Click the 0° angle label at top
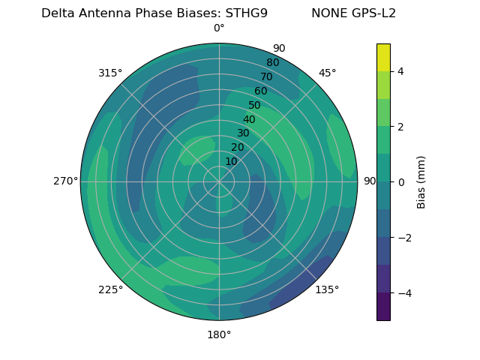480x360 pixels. pyautogui.click(x=219, y=28)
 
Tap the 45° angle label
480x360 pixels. pyautogui.click(x=327, y=73)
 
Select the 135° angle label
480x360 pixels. pyautogui.click(x=327, y=289)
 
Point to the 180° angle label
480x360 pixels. pyautogui.click(x=219, y=334)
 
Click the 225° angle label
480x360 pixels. pyautogui.click(x=110, y=289)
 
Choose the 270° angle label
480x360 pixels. pyautogui.click(x=65, y=181)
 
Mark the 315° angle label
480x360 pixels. pyautogui.click(x=110, y=73)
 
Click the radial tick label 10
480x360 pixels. pyautogui.click(x=231, y=161)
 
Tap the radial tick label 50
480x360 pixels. pyautogui.click(x=254, y=105)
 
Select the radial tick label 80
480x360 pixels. pyautogui.click(x=272, y=62)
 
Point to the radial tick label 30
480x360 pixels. pyautogui.click(x=243, y=133)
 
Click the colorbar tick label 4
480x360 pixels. pyautogui.click(x=400, y=71)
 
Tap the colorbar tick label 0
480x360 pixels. pyautogui.click(x=400, y=182)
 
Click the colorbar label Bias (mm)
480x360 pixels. pyautogui.click(x=421, y=182)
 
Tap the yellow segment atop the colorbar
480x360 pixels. pyautogui.click(x=383, y=57)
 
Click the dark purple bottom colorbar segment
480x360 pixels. pyautogui.click(x=383, y=307)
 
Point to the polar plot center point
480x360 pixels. pyautogui.click(x=219, y=181)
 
